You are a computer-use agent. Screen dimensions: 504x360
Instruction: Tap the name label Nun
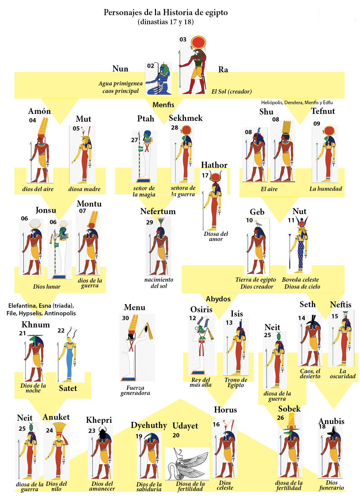coord(120,69)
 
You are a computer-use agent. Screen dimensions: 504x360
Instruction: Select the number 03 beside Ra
coord(183,40)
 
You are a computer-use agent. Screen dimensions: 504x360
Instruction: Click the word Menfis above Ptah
coord(163,105)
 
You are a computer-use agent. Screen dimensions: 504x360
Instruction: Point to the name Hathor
coord(214,165)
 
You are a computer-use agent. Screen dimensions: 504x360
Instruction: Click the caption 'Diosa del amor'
coord(216,236)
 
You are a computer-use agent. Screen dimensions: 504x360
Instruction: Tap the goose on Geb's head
coord(258,224)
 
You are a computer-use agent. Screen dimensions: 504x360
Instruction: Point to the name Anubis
coord(331,421)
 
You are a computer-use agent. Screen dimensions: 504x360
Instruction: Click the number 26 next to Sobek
coord(280,418)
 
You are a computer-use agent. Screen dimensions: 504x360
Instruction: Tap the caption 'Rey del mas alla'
coord(200,382)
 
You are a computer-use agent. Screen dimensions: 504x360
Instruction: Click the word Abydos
coord(218,299)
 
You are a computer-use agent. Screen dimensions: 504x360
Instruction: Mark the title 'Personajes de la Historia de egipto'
coord(166,12)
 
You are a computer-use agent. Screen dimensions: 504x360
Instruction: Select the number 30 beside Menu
coord(125,318)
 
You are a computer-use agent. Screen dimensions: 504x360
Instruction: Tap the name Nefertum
coord(158,211)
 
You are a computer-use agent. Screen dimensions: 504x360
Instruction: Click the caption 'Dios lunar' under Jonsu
coord(47,287)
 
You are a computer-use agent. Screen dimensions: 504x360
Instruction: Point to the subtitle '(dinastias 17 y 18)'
coord(166,22)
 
